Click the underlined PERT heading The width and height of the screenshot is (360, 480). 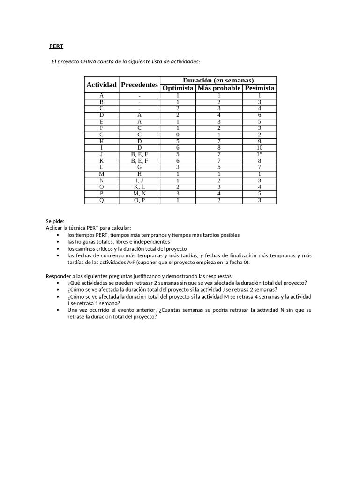[56, 46]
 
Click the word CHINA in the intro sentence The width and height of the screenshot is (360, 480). [89, 61]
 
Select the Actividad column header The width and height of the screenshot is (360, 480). [101, 85]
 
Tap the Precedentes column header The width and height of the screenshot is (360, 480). [139, 85]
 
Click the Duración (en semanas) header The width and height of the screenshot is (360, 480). [218, 80]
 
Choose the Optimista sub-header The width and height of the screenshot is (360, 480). [178, 88]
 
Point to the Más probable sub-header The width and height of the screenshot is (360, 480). [219, 88]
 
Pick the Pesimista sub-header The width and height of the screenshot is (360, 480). [260, 88]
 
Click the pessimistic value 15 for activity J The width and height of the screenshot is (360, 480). [260, 154]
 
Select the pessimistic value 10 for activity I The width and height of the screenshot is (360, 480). [260, 147]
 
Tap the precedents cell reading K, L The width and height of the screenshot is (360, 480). [139, 187]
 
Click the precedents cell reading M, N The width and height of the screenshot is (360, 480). [139, 193]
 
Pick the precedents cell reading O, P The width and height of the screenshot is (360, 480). [139, 200]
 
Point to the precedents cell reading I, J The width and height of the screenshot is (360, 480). [139, 180]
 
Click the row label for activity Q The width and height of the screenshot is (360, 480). [101, 200]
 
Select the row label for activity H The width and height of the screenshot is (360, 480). [101, 141]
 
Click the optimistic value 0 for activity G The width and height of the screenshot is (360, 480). [178, 134]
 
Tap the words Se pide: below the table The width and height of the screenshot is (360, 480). [55, 221]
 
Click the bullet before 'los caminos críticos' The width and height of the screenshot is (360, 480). [58, 248]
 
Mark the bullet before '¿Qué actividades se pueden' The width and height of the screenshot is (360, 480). [58, 283]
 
